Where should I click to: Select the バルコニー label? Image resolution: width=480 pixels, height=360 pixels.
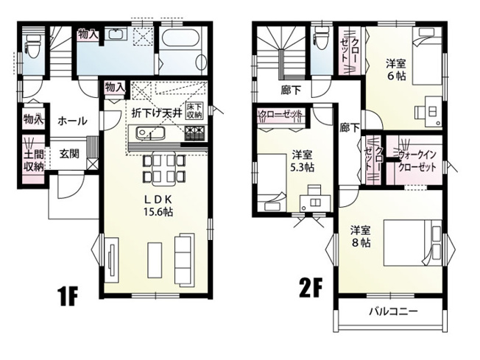click(393, 311)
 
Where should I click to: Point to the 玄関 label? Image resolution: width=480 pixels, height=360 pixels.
click(70, 154)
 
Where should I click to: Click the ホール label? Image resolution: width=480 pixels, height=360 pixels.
click(72, 120)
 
